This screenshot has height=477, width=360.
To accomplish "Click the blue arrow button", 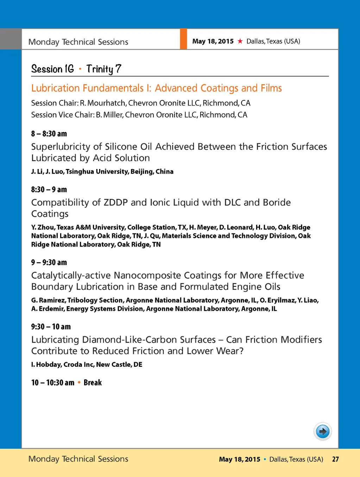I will pyautogui.click(x=323, y=431).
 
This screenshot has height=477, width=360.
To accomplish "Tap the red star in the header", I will pyautogui.click(x=240, y=41).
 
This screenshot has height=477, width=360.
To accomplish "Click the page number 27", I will pyautogui.click(x=335, y=459).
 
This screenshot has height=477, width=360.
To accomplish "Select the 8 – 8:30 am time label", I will pyautogui.click(x=49, y=134).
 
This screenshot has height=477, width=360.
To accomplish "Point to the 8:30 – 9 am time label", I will pyautogui.click(x=49, y=190).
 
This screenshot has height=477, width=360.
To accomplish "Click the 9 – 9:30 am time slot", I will pyautogui.click(x=49, y=263).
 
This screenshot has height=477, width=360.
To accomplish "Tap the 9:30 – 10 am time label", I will pyautogui.click(x=51, y=327).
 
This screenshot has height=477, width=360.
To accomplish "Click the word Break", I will pyautogui.click(x=93, y=383).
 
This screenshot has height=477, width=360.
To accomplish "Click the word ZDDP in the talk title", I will pyautogui.click(x=115, y=202).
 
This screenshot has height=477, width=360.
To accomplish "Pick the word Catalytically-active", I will pyautogui.click(x=71, y=275).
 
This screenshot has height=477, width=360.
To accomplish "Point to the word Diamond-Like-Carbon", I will pyautogui.click(x=131, y=340).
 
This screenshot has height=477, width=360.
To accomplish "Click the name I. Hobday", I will pyautogui.click(x=46, y=365).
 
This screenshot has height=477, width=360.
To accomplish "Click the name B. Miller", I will pyautogui.click(x=109, y=115).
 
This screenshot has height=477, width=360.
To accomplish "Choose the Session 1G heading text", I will pyautogui.click(x=52, y=69).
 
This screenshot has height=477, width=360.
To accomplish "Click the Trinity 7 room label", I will pyautogui.click(x=104, y=69).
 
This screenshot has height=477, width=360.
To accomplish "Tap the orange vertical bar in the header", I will pyautogui.click(x=183, y=39).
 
